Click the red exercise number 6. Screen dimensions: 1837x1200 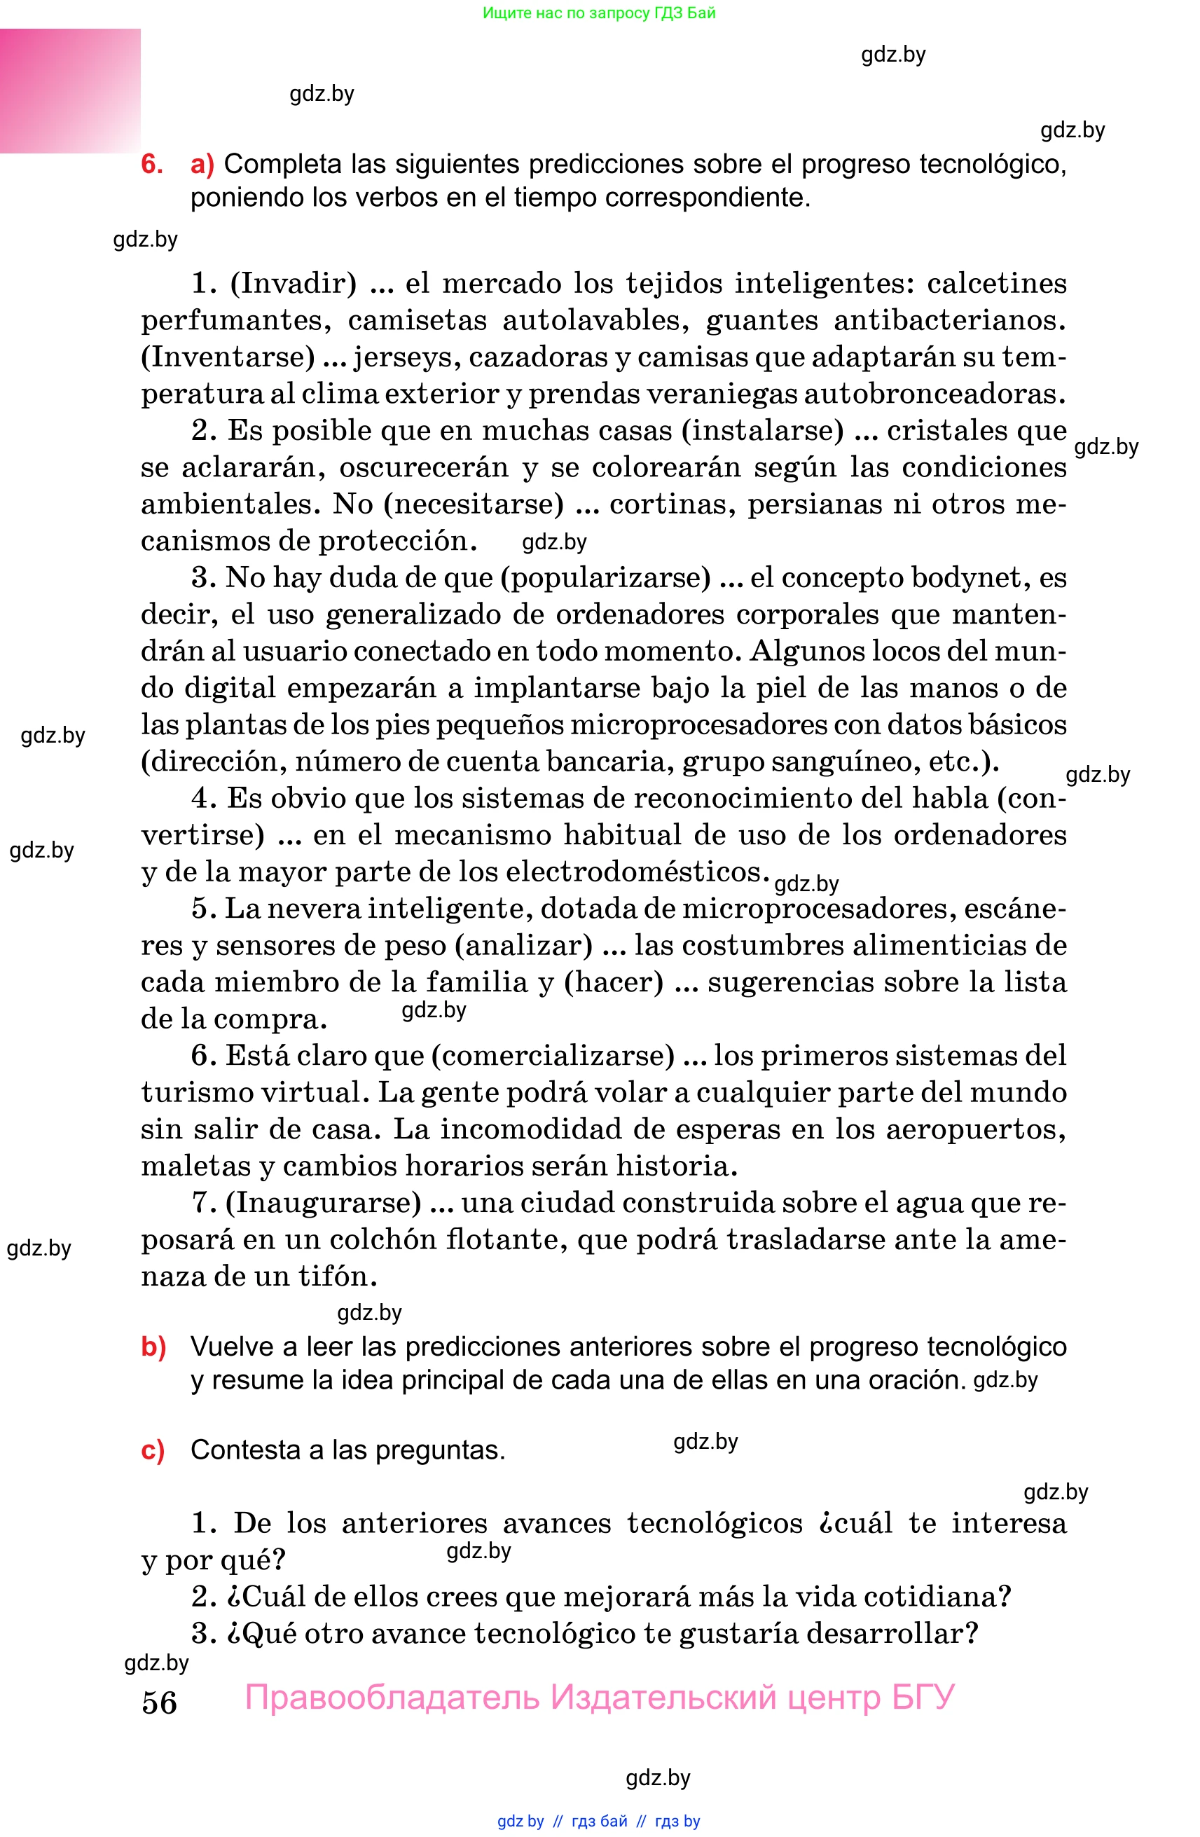click(151, 165)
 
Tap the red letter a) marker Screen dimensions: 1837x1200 click(202, 165)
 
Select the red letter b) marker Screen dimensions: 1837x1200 click(153, 1346)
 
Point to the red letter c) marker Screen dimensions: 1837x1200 click(153, 1450)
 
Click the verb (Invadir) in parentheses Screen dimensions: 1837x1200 click(294, 283)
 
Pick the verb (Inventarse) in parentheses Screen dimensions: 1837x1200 click(228, 357)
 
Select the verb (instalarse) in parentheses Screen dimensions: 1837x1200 click(762, 431)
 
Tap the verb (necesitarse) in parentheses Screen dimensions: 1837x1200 click(474, 504)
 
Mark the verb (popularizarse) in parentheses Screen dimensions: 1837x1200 click(605, 577)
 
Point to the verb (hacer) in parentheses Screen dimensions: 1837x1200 click(614, 982)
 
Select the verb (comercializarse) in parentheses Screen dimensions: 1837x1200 click(553, 1055)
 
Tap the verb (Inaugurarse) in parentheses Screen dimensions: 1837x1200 click(324, 1202)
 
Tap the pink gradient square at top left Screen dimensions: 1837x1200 click(70, 90)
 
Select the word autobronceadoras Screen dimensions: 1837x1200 click(935, 394)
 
